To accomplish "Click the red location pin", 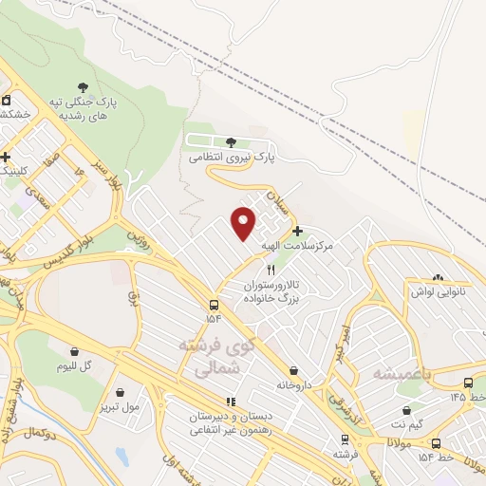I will (x=244, y=222).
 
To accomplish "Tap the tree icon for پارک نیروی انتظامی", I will (x=232, y=142).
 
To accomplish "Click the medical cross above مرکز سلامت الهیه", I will (x=298, y=231).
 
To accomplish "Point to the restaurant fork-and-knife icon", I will (x=271, y=271).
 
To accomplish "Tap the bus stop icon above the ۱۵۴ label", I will (x=215, y=306).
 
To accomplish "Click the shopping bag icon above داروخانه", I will (x=293, y=370).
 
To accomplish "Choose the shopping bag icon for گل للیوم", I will (x=74, y=349).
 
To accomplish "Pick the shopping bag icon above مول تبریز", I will (x=120, y=391).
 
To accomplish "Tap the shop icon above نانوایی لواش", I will (x=437, y=278).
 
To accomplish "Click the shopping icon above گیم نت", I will (x=407, y=412).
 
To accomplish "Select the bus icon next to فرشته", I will (x=344, y=440).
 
